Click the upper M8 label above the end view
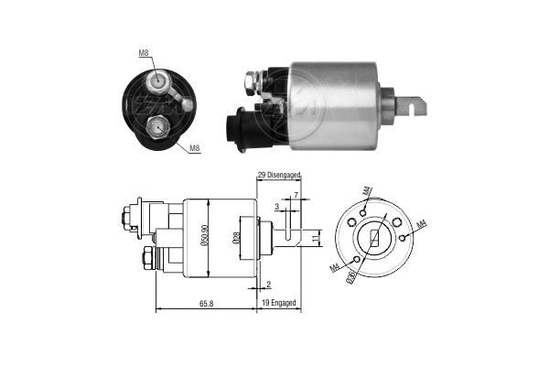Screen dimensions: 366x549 [144, 52]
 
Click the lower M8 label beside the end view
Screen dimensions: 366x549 [195, 147]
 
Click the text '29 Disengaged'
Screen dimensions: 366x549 [279, 175]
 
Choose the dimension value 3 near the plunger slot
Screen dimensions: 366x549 [277, 207]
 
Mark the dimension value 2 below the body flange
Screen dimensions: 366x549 [268, 285]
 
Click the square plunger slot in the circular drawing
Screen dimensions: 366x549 [376, 241]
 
